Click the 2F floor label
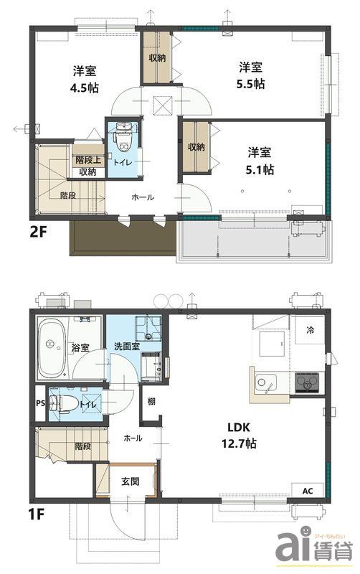point(39,232)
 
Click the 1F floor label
point(37,514)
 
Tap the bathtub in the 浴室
point(52,349)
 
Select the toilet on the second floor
point(123,137)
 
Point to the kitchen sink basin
point(265,383)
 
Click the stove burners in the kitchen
point(307,383)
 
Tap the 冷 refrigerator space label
point(310,330)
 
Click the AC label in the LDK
point(308,491)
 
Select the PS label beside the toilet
point(41,403)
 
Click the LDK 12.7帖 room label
point(239,436)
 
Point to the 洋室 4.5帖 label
point(85,79)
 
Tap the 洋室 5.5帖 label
point(250,75)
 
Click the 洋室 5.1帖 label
point(260,161)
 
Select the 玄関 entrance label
point(131,481)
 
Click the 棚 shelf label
point(151,401)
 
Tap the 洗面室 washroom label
point(127,347)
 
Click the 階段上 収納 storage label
point(87,166)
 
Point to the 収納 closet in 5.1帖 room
point(196,147)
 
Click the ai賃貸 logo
point(314,548)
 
